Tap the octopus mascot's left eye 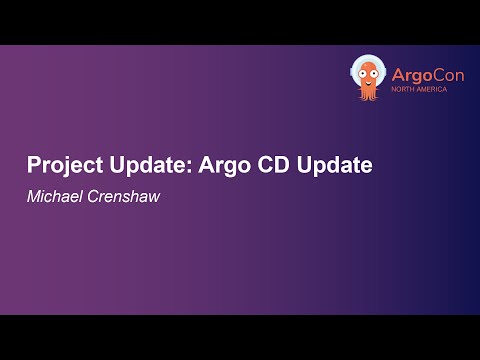pyautogui.click(x=363, y=71)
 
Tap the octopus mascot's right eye pyautogui.click(x=377, y=71)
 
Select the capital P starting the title pyautogui.click(x=32, y=165)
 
